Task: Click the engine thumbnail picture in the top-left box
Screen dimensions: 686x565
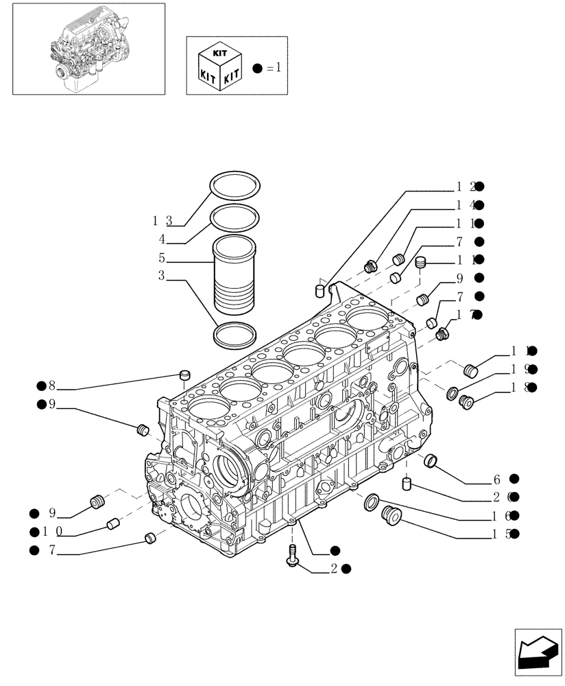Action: pyautogui.click(x=84, y=48)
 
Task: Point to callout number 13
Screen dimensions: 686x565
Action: pyautogui.click(x=162, y=220)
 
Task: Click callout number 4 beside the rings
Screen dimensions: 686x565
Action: pyautogui.click(x=162, y=239)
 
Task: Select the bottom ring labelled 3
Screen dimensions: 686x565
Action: pyautogui.click(x=236, y=336)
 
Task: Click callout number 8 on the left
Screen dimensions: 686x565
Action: pyautogui.click(x=51, y=386)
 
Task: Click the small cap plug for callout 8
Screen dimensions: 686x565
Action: pyautogui.click(x=183, y=375)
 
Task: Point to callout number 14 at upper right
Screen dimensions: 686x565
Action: pyautogui.click(x=463, y=205)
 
